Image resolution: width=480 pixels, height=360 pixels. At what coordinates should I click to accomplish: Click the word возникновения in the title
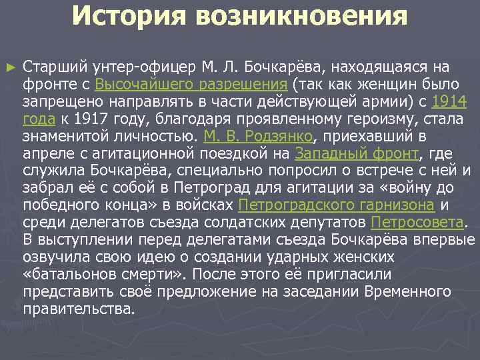click(301, 17)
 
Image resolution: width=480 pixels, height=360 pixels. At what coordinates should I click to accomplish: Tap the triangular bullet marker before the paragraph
click(9, 67)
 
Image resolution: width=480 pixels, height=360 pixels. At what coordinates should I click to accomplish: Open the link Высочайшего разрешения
click(191, 85)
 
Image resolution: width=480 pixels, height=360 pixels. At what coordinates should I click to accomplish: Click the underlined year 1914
click(449, 102)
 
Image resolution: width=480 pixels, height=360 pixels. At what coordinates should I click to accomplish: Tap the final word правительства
click(78, 309)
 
